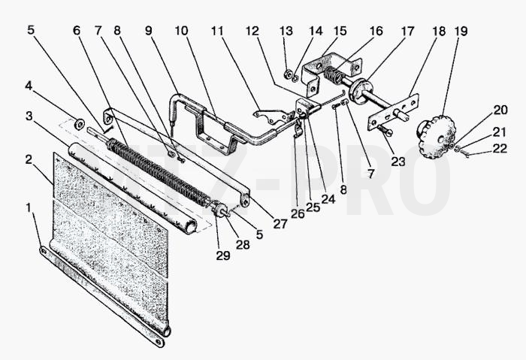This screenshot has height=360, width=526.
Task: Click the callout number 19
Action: tap(461, 32)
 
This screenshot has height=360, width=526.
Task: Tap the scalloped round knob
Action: tap(436, 135)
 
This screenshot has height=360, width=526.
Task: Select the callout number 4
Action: tap(29, 86)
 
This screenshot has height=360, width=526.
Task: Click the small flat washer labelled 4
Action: tap(80, 124)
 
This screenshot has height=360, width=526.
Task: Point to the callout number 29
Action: tap(223, 256)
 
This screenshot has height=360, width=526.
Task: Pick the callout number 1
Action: tap(29, 207)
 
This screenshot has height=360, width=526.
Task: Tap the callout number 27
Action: tap(280, 224)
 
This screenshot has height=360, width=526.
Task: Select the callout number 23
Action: tap(398, 162)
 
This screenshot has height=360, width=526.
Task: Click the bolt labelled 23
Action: tap(385, 130)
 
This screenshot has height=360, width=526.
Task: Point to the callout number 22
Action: tap(500, 149)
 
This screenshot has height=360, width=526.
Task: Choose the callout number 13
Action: tap(286, 32)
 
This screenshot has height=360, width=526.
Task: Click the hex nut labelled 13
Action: tap(288, 74)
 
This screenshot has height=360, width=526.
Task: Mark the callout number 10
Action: tap(182, 31)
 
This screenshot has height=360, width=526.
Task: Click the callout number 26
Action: tap(298, 213)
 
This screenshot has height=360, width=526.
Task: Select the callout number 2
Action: tap(29, 159)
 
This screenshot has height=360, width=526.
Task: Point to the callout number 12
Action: tap(252, 32)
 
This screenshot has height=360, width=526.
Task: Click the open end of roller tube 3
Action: tap(192, 228)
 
